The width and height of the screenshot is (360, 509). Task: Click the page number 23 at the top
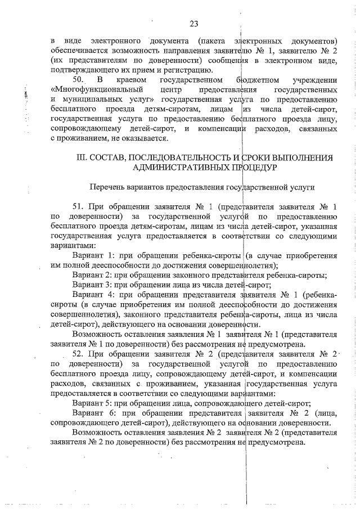pos(195,24)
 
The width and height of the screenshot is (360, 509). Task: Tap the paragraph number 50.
pos(79,80)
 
